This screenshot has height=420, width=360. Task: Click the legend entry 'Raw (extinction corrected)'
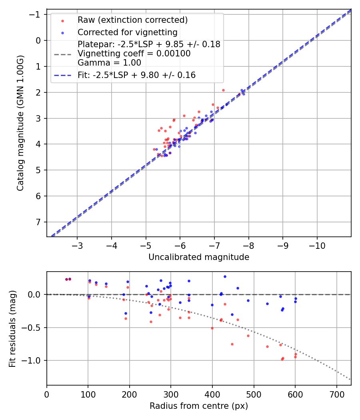click(132, 20)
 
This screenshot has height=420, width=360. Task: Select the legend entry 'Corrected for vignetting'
click(127, 32)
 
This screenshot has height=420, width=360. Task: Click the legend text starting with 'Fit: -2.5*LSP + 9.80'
click(136, 75)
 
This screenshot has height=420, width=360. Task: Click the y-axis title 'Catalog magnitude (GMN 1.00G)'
click(20, 123)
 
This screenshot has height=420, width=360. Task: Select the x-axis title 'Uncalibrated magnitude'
click(199, 257)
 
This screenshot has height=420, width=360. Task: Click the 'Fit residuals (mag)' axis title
click(12, 329)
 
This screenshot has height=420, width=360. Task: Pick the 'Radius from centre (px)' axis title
click(199, 406)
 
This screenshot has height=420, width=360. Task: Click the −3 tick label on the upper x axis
click(78, 244)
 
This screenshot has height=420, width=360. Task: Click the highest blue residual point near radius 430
click(225, 276)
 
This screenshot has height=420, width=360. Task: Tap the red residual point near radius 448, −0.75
click(232, 344)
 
